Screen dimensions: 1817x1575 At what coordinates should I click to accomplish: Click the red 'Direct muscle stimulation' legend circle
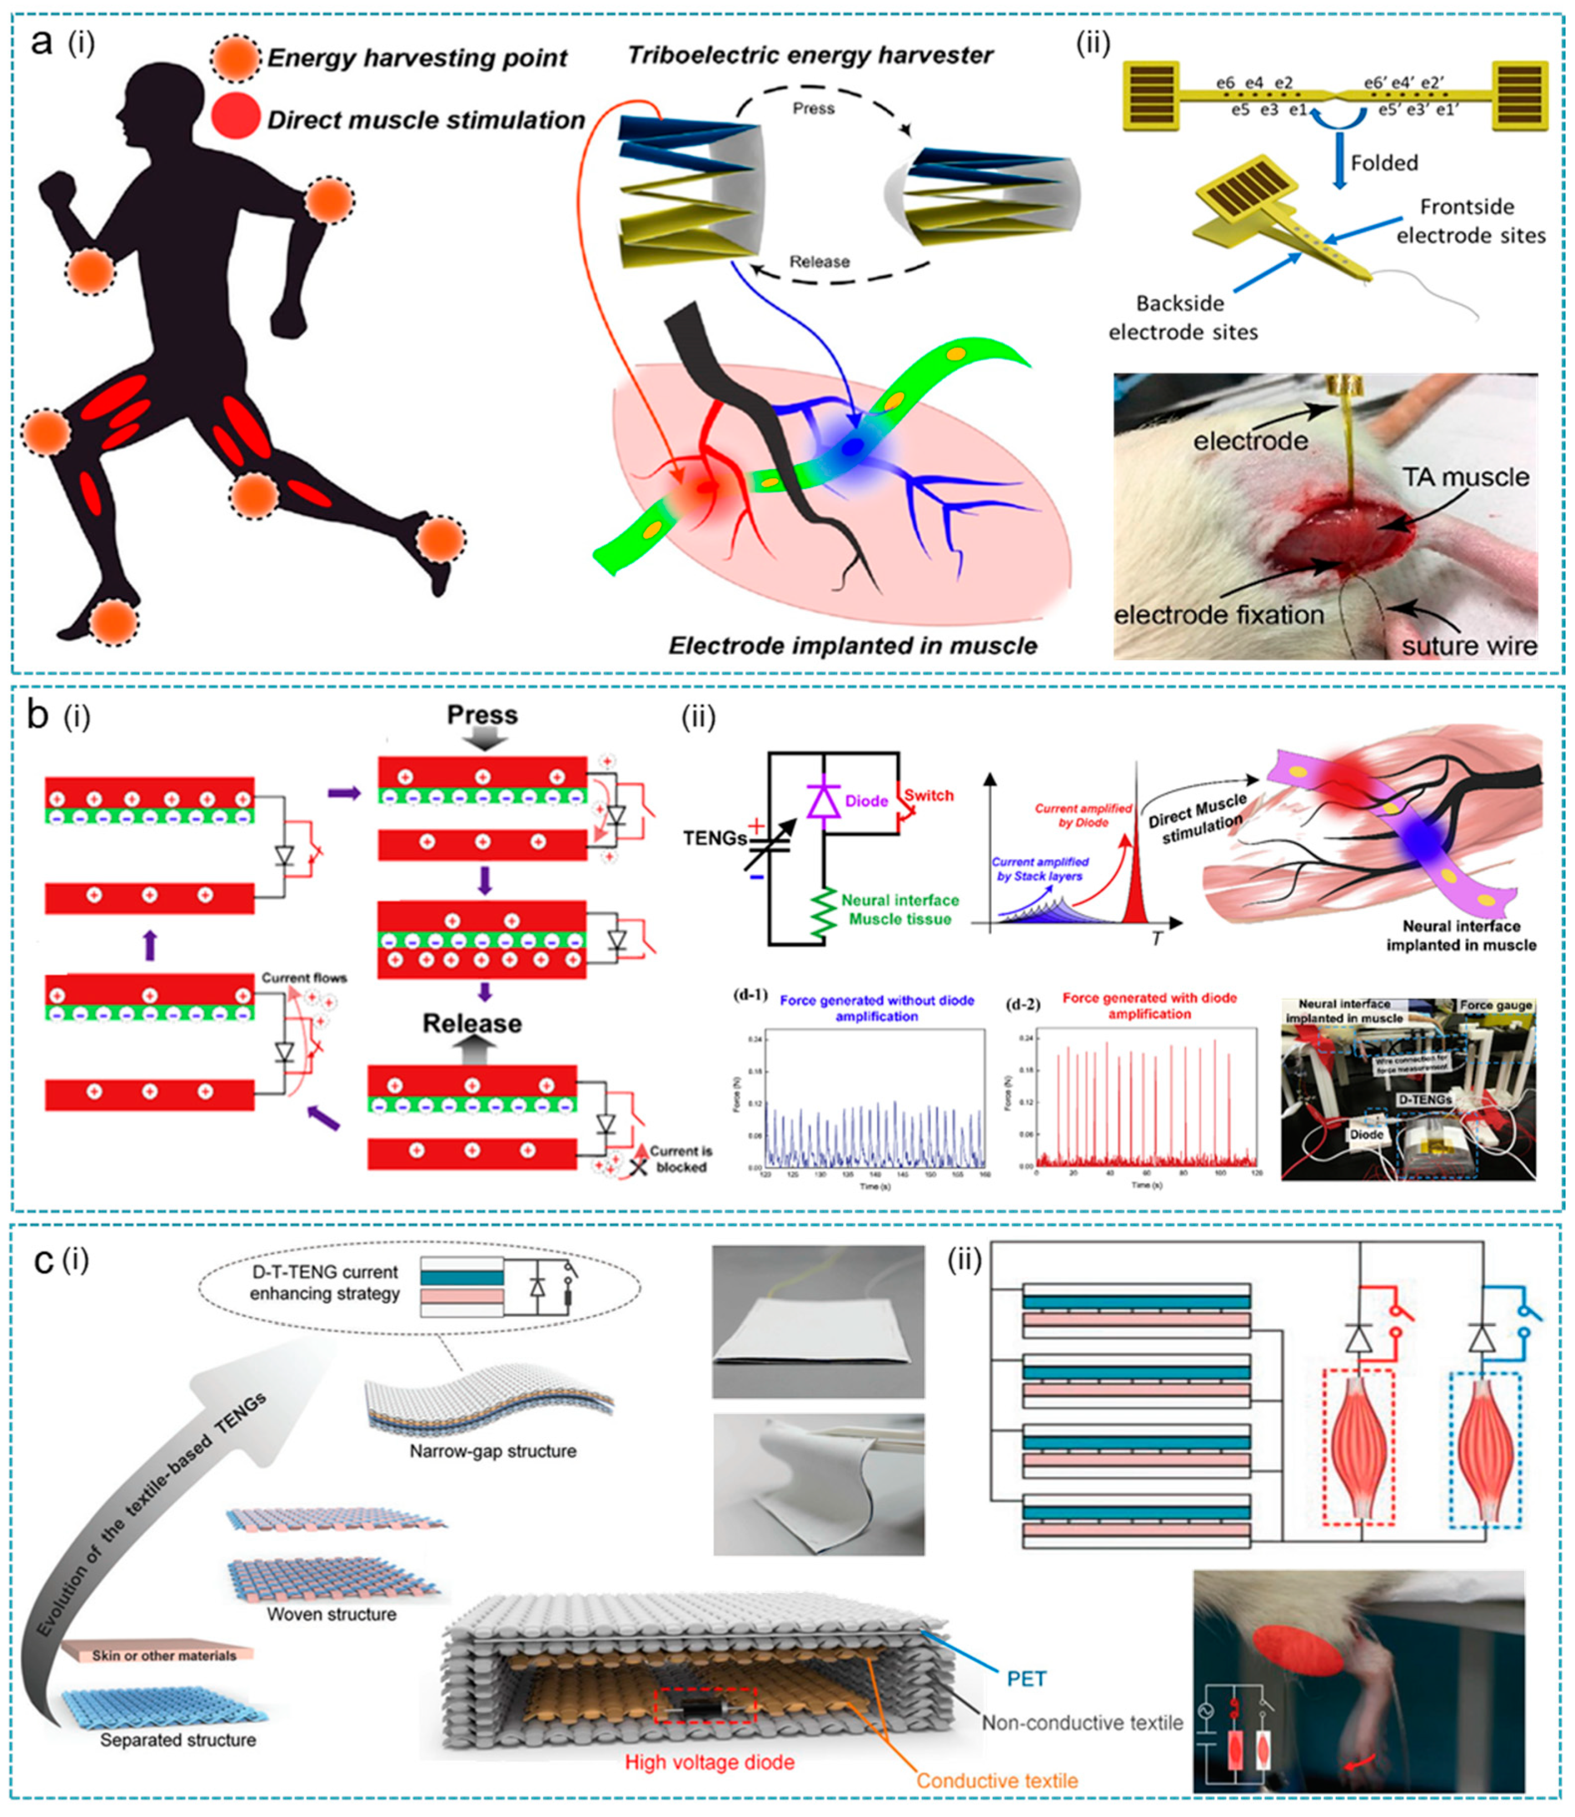click(x=235, y=117)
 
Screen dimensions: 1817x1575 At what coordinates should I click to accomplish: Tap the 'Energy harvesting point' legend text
click(x=416, y=58)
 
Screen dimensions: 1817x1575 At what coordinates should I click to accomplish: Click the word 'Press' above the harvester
click(x=813, y=108)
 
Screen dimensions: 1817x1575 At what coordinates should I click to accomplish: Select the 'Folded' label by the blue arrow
click(x=1384, y=163)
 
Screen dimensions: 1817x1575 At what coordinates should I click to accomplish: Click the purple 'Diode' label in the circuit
click(x=867, y=801)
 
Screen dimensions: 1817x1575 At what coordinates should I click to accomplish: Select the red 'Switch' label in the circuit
click(x=929, y=795)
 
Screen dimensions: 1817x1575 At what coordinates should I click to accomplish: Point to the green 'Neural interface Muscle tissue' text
click(x=899, y=909)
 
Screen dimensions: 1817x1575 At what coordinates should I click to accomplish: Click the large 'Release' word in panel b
click(x=472, y=1023)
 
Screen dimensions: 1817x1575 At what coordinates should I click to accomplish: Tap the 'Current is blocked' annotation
click(x=680, y=1158)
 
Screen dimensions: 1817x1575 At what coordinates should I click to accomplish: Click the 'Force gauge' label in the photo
click(x=1495, y=1005)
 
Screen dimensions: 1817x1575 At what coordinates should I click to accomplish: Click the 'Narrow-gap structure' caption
click(x=492, y=1450)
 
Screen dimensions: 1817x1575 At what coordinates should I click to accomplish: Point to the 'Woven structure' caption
click(x=331, y=1614)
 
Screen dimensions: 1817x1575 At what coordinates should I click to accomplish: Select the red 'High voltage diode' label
click(x=709, y=1762)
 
